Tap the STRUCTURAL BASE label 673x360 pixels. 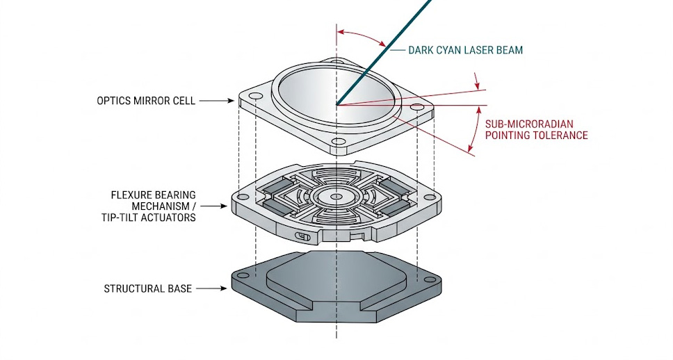(x=147, y=288)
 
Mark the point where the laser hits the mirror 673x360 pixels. (x=337, y=105)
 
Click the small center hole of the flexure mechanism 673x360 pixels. (x=336, y=197)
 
